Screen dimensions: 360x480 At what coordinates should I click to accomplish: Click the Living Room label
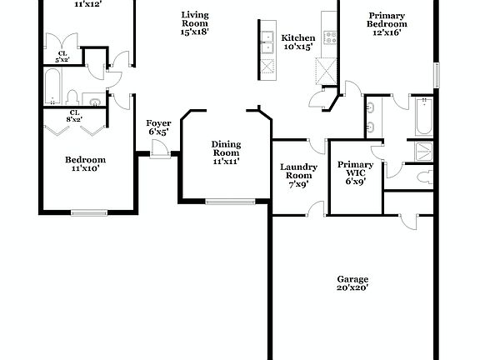(x=195, y=23)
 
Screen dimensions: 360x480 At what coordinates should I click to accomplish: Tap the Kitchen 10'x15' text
(x=297, y=42)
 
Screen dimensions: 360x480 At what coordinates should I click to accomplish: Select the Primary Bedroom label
(x=387, y=23)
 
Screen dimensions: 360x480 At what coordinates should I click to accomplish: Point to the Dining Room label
(x=226, y=152)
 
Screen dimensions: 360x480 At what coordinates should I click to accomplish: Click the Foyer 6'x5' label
(x=159, y=127)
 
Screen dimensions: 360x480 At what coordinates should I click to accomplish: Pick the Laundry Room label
(x=298, y=176)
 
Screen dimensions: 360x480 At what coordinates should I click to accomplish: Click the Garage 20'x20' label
(x=352, y=283)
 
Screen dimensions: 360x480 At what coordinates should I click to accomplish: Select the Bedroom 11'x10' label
(x=85, y=164)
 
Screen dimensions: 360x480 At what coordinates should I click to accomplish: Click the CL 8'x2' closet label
(x=73, y=116)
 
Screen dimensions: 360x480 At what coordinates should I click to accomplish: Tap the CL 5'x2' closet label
(x=62, y=56)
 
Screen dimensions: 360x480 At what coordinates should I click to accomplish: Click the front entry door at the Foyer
(x=161, y=152)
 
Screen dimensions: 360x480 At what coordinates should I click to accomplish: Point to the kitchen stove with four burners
(x=330, y=37)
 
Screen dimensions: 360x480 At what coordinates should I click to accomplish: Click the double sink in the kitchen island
(x=267, y=46)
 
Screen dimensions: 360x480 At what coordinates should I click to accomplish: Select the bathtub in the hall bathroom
(x=52, y=87)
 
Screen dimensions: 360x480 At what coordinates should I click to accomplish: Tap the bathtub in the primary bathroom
(x=423, y=117)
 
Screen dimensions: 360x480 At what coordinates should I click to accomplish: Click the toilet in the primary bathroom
(x=423, y=176)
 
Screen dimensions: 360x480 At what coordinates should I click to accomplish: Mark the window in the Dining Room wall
(x=230, y=201)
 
